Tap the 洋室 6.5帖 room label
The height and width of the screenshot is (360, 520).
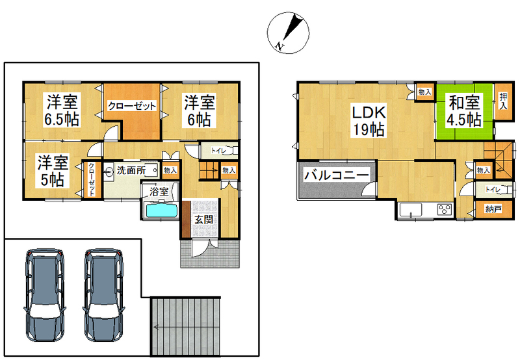pyautogui.click(x=62, y=110)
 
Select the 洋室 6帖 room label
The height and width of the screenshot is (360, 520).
pyautogui.click(x=200, y=110)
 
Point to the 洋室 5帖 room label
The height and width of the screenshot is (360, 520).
pyautogui.click(x=53, y=170)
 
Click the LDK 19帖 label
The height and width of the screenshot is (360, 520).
pyautogui.click(x=368, y=121)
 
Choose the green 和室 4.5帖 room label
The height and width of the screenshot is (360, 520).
pyautogui.click(x=464, y=111)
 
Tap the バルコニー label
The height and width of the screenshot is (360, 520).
pyautogui.click(x=337, y=175)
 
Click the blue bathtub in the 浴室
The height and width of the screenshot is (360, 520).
pyautogui.click(x=161, y=211)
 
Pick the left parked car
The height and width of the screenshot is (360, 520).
pyautogui.click(x=45, y=295)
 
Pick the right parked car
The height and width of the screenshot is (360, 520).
pyautogui.click(x=104, y=295)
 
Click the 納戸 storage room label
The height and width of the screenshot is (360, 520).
pyautogui.click(x=493, y=209)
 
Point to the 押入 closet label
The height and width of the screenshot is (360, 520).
pyautogui.click(x=503, y=101)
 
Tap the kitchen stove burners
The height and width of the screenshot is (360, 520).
pyautogui.click(x=445, y=209)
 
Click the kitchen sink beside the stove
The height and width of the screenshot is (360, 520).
pyautogui.click(x=411, y=210)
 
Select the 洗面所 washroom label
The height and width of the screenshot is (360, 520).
pyautogui.click(x=131, y=170)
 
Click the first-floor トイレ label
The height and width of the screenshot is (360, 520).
pyautogui.click(x=218, y=151)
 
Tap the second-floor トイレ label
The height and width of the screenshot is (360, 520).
pyautogui.click(x=493, y=189)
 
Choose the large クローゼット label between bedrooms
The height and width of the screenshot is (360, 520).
pyautogui.click(x=132, y=106)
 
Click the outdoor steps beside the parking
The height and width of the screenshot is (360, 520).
pyautogui.click(x=185, y=326)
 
